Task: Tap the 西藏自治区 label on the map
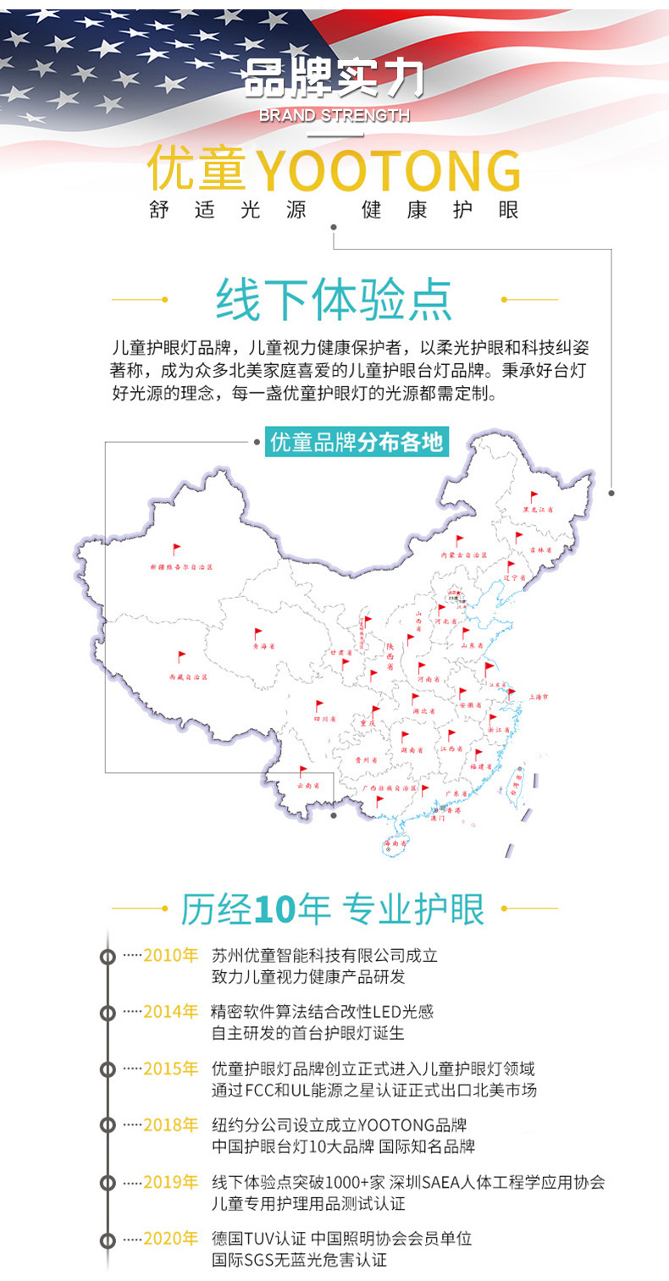click(x=187, y=677)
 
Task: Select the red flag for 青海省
click(x=259, y=633)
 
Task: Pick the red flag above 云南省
click(x=303, y=772)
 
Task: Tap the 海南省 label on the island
click(x=395, y=843)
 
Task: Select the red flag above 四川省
click(x=319, y=706)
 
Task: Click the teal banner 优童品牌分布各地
click(x=356, y=442)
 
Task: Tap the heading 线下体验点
click(x=334, y=299)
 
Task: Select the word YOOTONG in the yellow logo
click(x=388, y=171)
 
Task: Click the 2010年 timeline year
click(x=170, y=955)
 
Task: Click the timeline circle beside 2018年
click(x=108, y=1126)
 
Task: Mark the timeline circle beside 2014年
click(x=108, y=1013)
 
